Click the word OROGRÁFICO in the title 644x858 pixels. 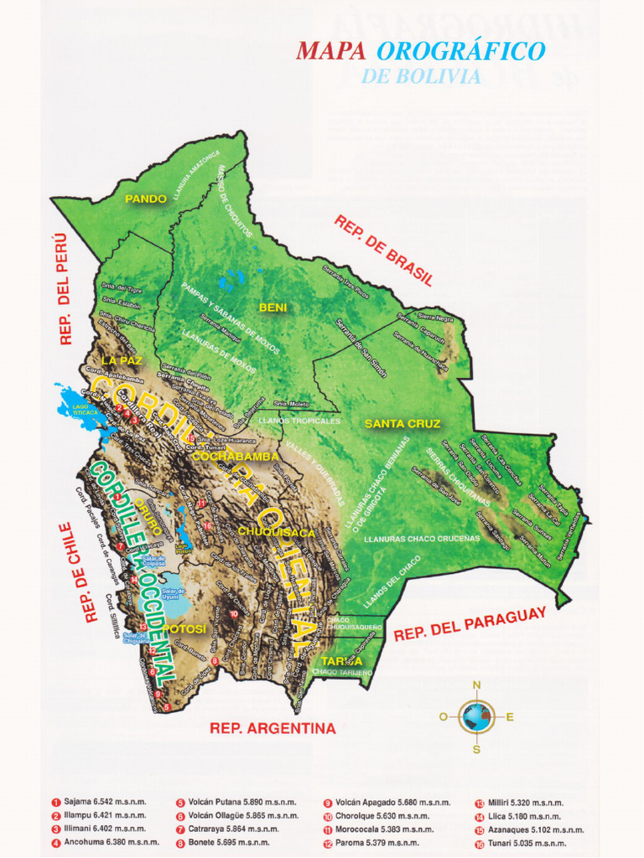[x=460, y=51]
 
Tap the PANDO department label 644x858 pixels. [x=146, y=199]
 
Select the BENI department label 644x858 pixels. [x=273, y=308]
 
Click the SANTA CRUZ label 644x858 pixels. [x=402, y=424]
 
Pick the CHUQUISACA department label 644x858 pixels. [x=277, y=532]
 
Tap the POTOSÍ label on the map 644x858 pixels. [x=184, y=628]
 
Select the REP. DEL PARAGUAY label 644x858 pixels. [x=470, y=624]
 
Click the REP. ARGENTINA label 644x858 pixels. [x=273, y=728]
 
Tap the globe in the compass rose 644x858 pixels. [x=476, y=716]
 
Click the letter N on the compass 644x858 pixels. [x=476, y=685]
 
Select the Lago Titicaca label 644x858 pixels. [x=86, y=410]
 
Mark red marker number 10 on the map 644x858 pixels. [x=233, y=613]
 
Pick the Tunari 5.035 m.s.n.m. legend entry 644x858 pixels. [x=522, y=843]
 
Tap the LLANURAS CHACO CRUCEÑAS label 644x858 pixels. [x=422, y=539]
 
